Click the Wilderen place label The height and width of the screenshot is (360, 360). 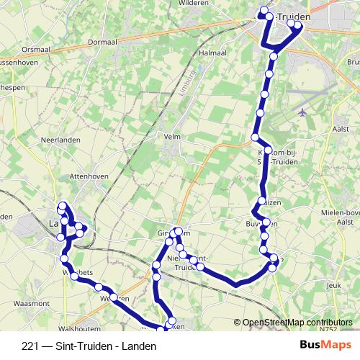(x=194, y=4)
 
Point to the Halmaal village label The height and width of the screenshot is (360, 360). (x=213, y=53)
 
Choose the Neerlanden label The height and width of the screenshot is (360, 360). (x=60, y=139)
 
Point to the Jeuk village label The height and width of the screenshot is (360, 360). (x=333, y=286)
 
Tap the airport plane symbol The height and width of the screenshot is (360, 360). (x=301, y=112)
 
